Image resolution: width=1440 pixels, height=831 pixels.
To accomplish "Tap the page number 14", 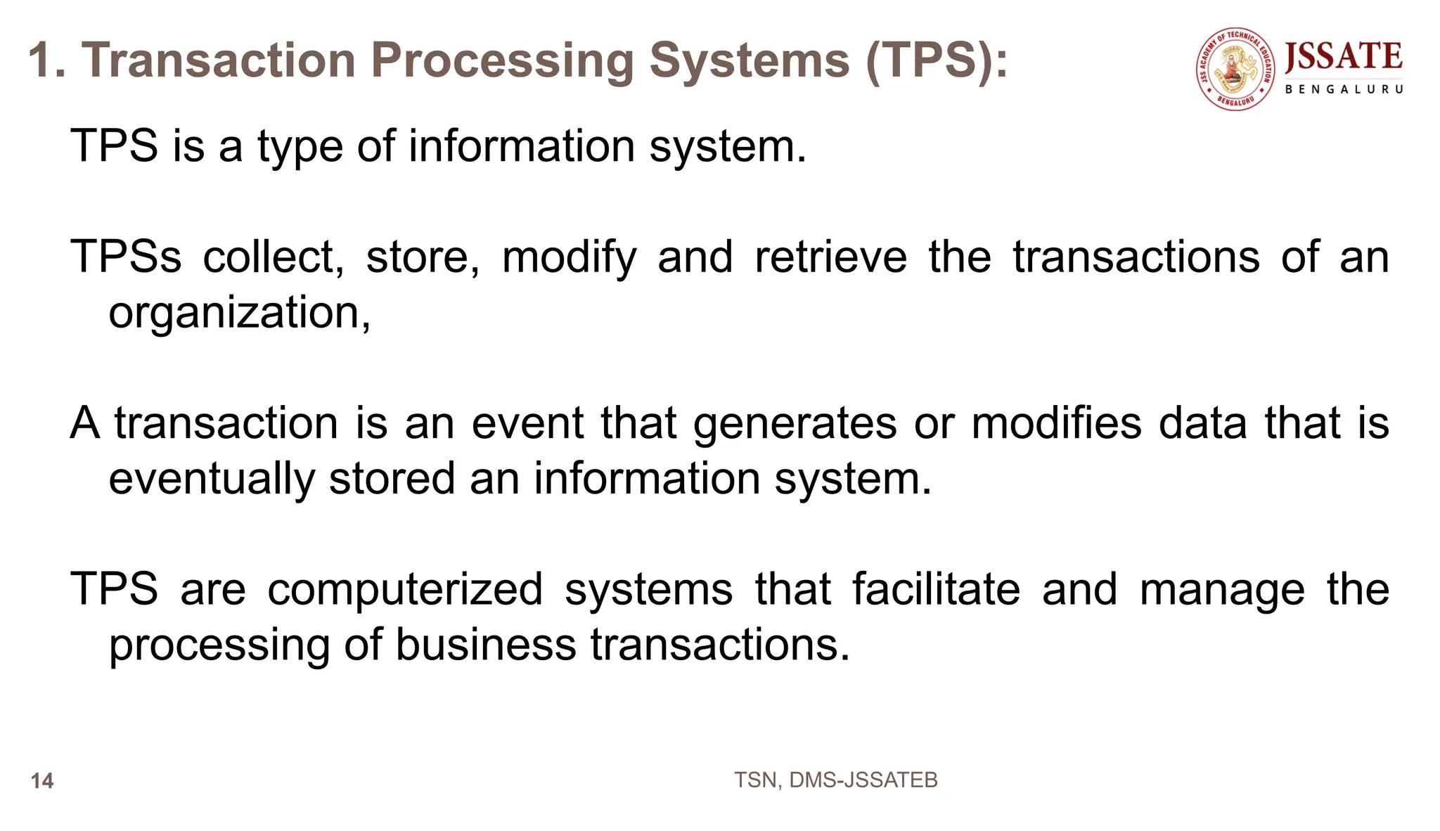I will point(42,781).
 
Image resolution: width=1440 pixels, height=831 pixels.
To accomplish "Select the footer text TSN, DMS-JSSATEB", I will point(835,780).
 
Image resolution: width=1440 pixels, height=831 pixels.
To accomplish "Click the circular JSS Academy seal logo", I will point(1235,69).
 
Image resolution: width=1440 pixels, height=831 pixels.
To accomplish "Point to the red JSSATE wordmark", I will point(1344,57).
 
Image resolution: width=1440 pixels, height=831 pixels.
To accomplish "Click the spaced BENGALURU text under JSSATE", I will point(1344,89).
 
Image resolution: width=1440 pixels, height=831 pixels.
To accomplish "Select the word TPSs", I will point(126,257).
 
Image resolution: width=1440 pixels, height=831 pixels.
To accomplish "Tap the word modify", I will point(569,258).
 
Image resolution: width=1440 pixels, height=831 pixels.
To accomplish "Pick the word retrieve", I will point(830,257).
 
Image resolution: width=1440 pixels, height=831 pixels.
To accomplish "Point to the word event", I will point(527,423).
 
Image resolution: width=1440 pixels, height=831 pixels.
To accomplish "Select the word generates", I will point(795,425).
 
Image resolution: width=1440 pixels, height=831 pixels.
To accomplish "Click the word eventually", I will point(211,479).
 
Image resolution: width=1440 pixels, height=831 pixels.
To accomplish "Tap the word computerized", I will point(405,590).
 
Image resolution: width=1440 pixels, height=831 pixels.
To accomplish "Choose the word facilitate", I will point(936,589).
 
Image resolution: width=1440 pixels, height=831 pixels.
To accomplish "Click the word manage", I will point(1222,591).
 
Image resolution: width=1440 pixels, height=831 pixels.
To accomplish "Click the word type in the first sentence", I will point(300,147).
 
